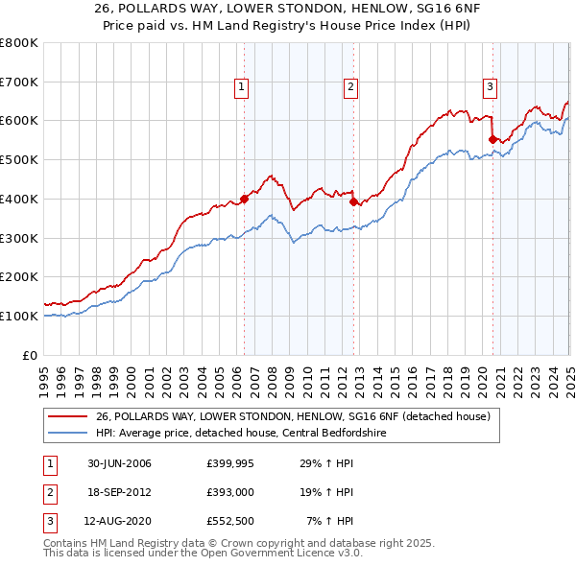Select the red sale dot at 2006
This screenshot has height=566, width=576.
pos(244,199)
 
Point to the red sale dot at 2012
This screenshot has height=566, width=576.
pos(353,201)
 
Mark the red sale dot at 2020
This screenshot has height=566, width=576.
pos(492,139)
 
